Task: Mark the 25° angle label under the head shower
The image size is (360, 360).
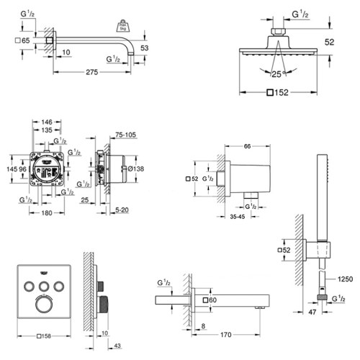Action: pyautogui.click(x=276, y=73)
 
